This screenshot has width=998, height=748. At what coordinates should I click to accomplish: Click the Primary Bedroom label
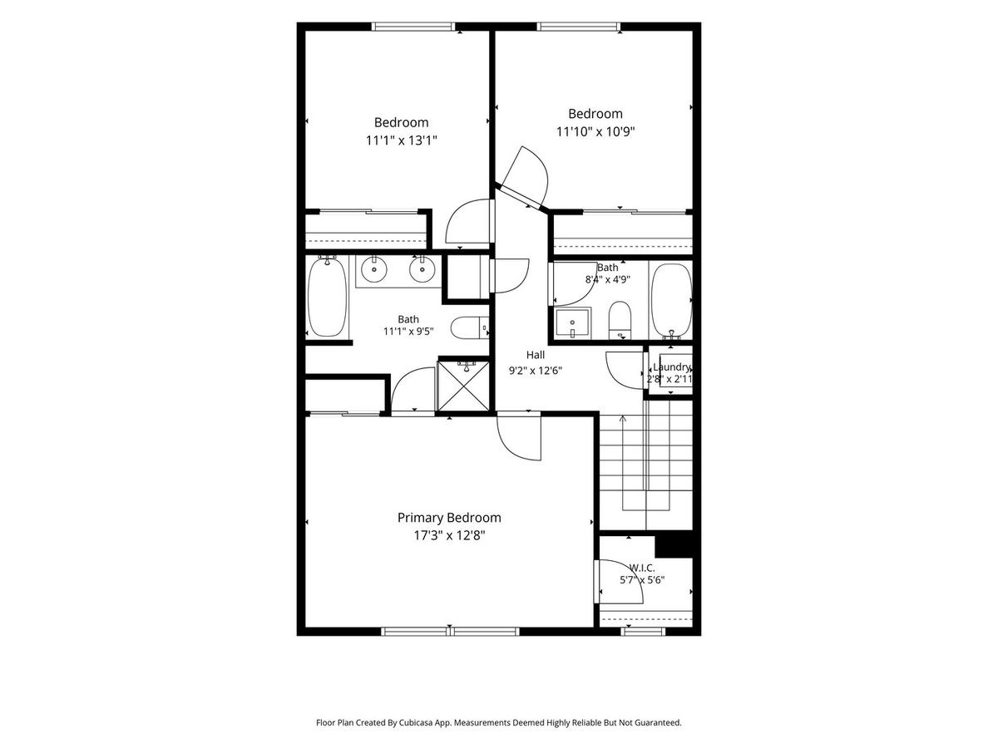(449, 518)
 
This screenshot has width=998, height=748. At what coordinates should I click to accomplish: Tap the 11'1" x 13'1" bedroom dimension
(401, 140)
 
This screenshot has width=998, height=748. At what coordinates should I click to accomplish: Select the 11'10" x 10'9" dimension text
(595, 131)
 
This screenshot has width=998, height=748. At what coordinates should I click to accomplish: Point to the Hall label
(535, 355)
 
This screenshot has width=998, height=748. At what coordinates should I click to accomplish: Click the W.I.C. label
(642, 568)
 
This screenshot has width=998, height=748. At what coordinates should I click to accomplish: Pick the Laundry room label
(671, 367)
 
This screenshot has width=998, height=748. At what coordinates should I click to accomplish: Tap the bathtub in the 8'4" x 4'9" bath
(671, 301)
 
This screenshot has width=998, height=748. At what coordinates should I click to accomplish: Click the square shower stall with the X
(463, 386)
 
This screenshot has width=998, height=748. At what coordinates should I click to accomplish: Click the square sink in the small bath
(572, 323)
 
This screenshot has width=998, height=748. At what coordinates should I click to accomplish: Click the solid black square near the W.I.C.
(674, 545)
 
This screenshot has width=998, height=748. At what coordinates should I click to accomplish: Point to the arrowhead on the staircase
(623, 418)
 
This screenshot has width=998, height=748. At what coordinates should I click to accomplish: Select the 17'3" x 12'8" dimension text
(449, 536)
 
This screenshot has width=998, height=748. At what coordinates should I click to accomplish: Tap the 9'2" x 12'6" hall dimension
(535, 371)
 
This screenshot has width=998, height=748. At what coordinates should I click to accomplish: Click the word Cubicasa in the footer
(416, 722)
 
